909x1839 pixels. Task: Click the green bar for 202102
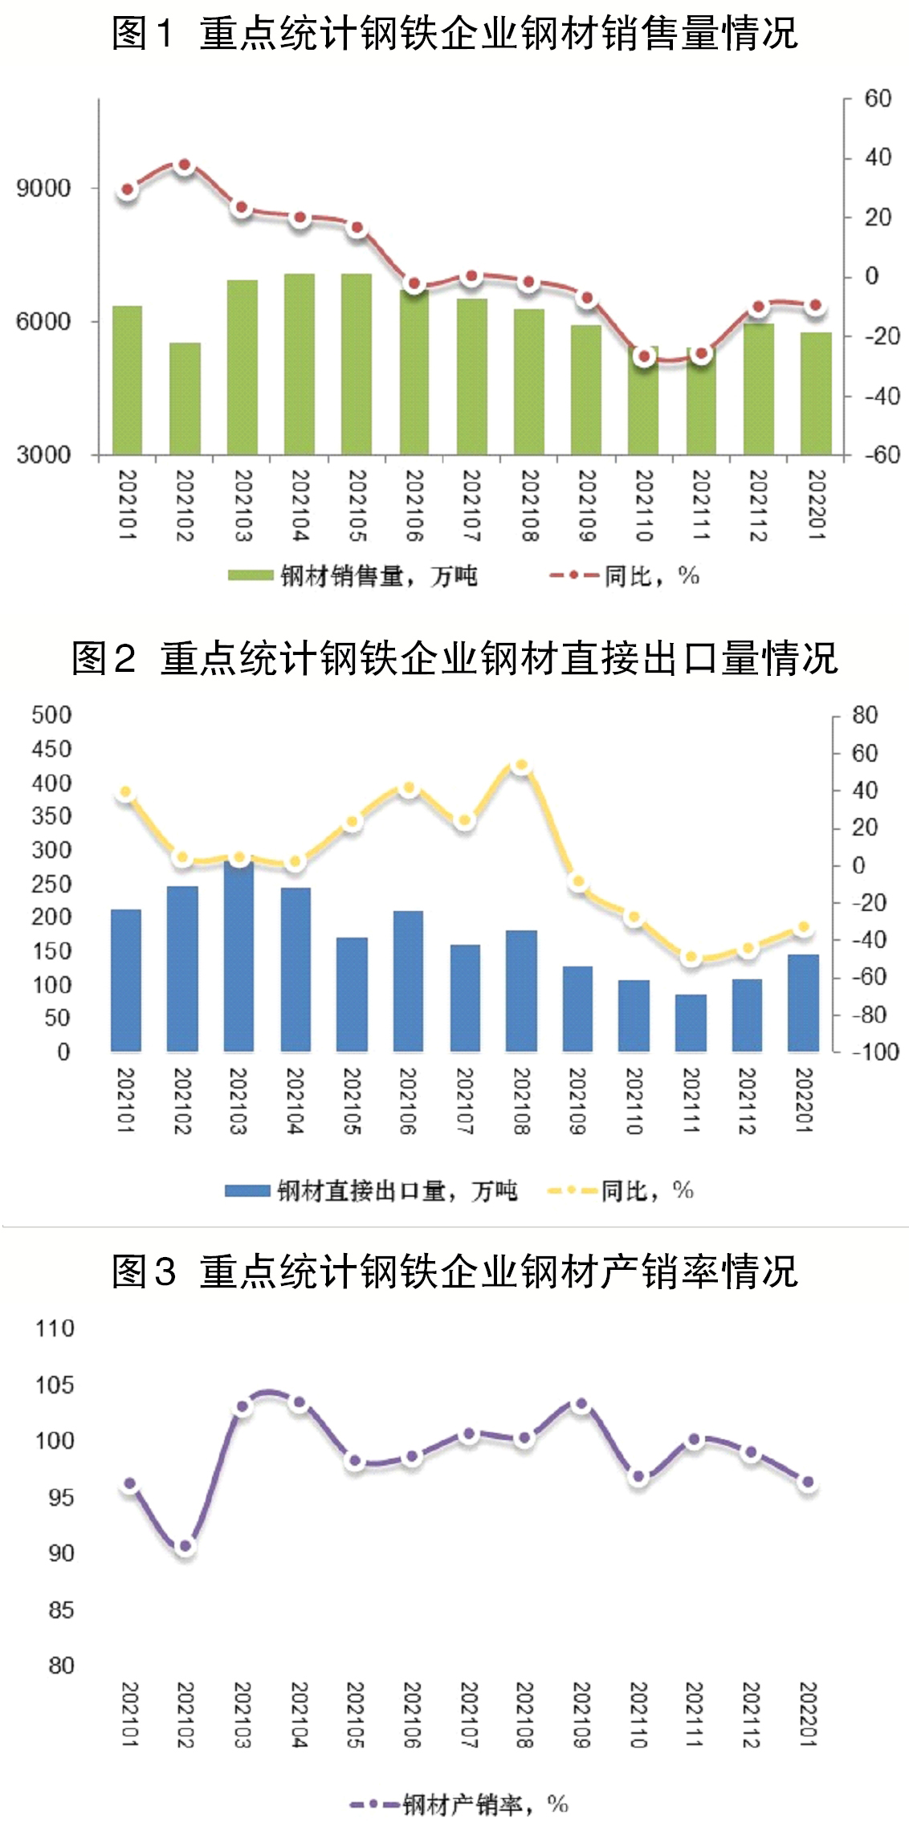pos(185,398)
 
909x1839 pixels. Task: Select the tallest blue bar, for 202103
pos(238,955)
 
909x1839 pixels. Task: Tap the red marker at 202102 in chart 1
pos(184,165)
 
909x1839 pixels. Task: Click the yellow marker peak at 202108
pos(521,766)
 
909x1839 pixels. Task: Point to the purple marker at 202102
pos(185,1545)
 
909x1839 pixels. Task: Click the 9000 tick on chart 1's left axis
pos(43,189)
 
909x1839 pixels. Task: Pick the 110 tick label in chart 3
pos(55,1328)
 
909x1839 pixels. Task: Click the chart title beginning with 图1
pos(454,34)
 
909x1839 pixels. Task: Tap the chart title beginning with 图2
pos(454,658)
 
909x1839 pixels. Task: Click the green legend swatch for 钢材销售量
pos(250,576)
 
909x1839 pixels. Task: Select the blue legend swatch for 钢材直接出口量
pos(247,1190)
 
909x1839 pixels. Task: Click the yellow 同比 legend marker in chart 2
pos(573,1190)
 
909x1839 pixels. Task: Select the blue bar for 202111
pos(691,1023)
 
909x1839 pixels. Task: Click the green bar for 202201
pos(816,393)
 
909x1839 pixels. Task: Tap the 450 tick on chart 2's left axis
pos(51,749)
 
